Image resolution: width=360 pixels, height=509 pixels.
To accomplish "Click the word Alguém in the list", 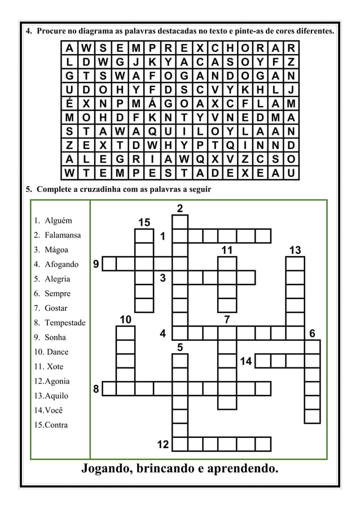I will [59, 221].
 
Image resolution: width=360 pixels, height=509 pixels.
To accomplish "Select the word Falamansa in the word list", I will [63, 235].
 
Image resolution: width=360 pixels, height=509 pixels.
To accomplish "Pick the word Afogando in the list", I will [62, 264].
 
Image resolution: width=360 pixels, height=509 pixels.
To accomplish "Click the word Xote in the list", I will [55, 367].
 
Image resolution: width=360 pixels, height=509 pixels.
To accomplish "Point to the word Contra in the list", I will [56, 425].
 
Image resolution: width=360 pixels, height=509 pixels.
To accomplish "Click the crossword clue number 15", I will [144, 222].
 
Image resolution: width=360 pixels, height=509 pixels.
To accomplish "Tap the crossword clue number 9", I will [96, 263].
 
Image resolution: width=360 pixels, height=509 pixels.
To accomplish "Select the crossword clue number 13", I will [295, 249].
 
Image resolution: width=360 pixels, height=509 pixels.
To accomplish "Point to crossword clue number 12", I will [163, 445].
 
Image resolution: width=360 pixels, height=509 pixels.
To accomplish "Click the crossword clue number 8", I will [96, 388].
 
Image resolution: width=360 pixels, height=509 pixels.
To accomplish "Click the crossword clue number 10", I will [125, 320].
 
